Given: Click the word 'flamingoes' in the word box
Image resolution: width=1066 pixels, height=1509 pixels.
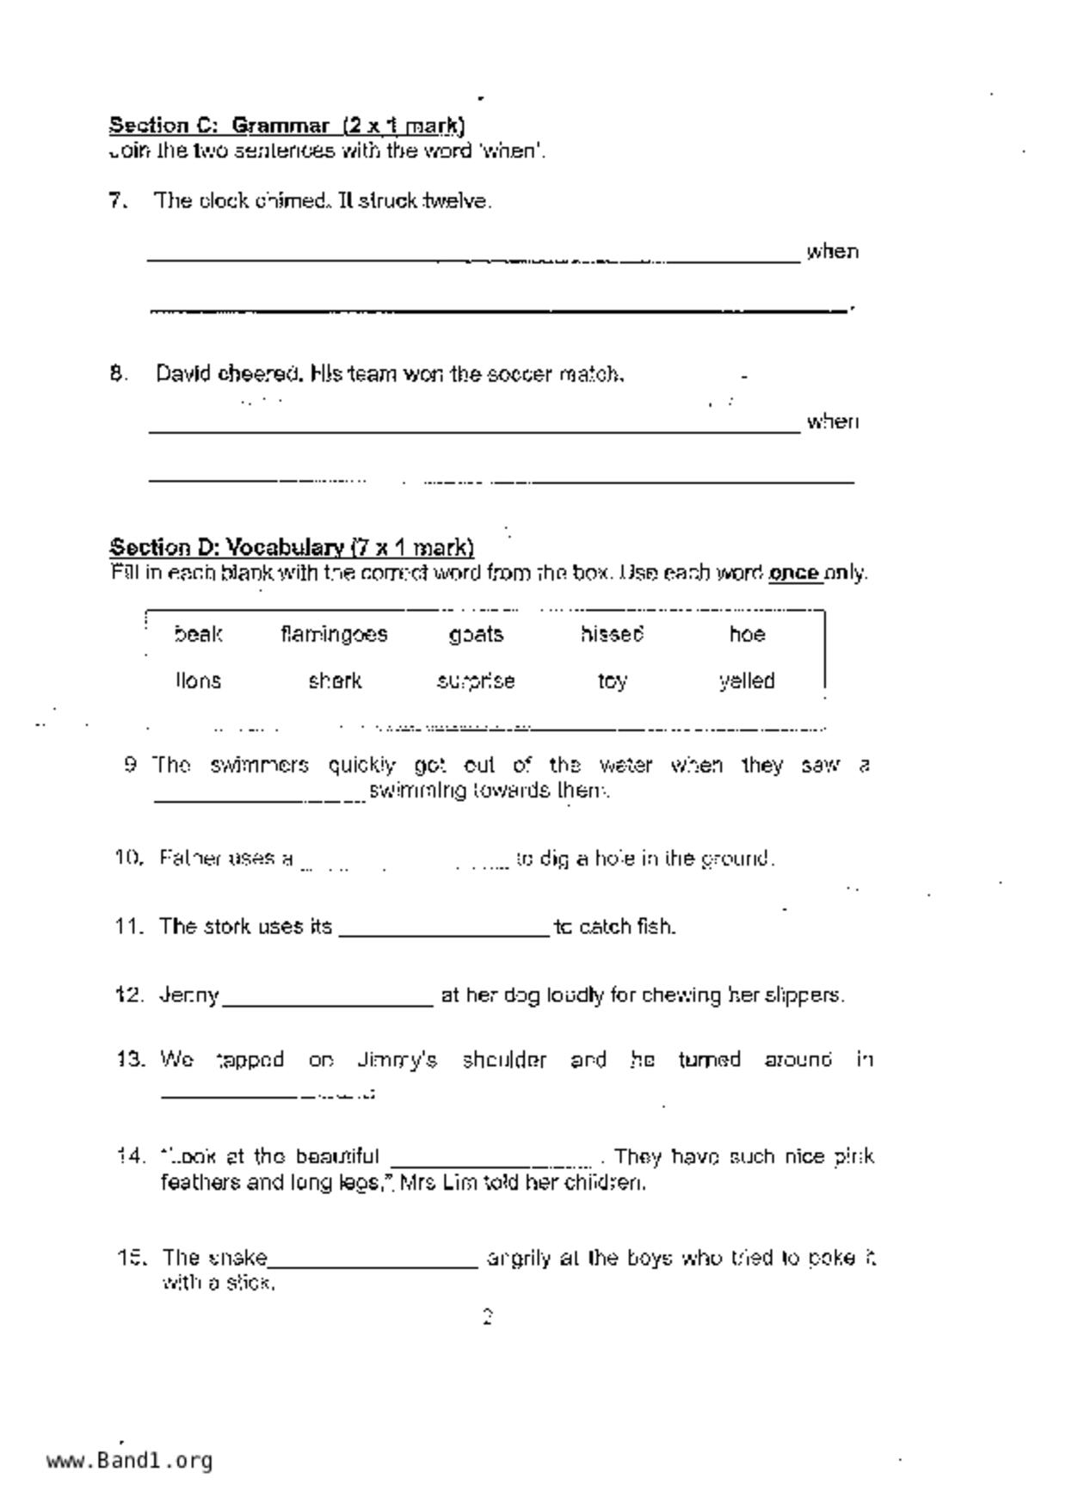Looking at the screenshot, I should pos(334,635).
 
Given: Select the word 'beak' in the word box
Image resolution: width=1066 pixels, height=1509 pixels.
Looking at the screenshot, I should pos(198,635).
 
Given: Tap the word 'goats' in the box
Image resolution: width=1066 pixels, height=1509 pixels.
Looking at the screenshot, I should pos(476,635).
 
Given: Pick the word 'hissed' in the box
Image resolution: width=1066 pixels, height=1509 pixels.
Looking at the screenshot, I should pos(612,635).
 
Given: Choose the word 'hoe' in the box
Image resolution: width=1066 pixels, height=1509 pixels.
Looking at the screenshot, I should pos(746,635).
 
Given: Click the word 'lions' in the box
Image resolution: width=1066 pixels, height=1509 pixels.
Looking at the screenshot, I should pos(198,681).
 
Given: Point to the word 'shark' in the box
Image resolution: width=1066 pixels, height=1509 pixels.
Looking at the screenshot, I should pos(335,681).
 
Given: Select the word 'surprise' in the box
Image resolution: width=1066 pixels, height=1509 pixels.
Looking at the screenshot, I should pos(476,681).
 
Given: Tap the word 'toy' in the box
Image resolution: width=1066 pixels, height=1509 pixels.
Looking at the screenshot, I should pos(612,682).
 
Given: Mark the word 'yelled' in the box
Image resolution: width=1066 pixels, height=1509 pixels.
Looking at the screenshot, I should pos(747,681).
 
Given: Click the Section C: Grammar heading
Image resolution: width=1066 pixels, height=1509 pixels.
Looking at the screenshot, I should pos(287,126).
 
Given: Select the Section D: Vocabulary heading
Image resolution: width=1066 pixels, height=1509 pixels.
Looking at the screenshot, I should pos(292,547).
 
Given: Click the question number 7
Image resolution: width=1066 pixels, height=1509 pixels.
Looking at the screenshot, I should pos(118,201).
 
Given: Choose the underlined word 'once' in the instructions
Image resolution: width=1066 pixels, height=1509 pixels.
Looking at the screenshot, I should pos(794,573).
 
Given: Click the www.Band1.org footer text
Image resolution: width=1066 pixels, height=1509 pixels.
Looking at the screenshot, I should pos(129,1461).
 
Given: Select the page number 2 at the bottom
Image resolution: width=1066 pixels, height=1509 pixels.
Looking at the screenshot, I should pos(487,1317).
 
